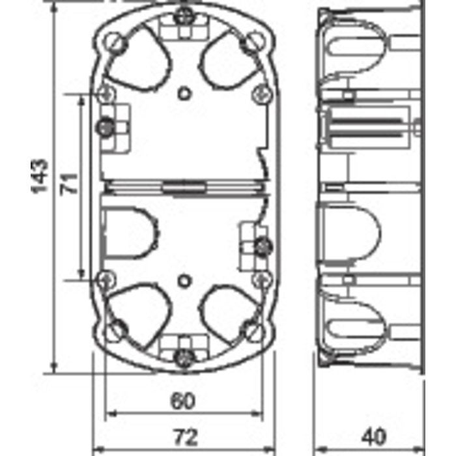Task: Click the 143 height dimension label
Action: click(x=40, y=175)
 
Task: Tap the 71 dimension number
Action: click(x=70, y=182)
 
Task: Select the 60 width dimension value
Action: click(x=183, y=401)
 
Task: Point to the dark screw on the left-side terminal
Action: click(x=104, y=126)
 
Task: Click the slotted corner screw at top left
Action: click(x=119, y=42)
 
